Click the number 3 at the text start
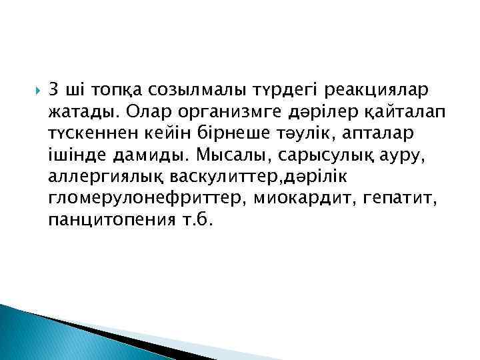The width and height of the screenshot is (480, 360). pos(54,89)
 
